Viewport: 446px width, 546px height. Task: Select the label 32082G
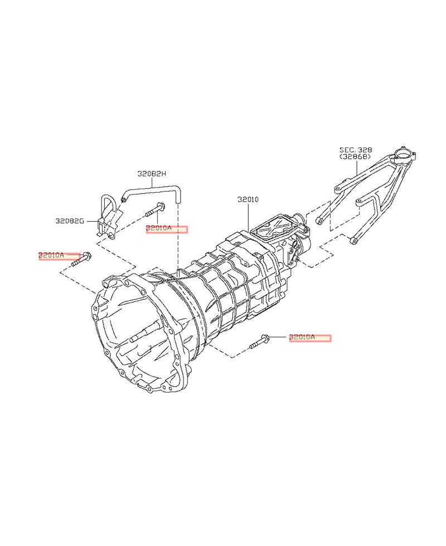tap(69, 221)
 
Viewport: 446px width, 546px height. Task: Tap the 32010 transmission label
tap(248, 199)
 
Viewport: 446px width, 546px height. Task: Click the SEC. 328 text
tap(356, 150)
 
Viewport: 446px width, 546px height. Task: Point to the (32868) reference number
tap(356, 157)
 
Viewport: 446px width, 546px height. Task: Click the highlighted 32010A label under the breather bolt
tap(167, 229)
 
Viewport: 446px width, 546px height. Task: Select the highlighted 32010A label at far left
tap(59, 256)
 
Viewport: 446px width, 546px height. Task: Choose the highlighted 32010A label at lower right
tap(309, 337)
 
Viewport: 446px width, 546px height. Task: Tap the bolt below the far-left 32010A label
tap(81, 260)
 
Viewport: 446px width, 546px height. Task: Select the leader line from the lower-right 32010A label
tap(279, 338)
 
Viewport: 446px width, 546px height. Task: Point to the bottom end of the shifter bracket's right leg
tap(353, 241)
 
